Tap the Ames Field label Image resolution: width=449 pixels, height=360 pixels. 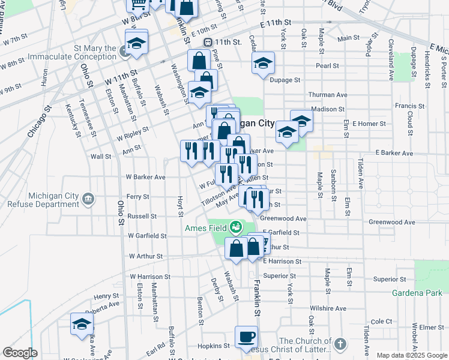tap(205, 227)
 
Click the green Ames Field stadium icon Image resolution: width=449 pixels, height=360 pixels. tap(237, 227)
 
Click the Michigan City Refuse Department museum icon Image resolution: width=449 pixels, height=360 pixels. tap(88, 199)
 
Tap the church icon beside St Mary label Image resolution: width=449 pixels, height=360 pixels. tap(125, 52)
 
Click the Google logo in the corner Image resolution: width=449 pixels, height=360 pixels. tap(20, 353)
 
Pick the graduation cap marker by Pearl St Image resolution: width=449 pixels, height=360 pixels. tap(263, 63)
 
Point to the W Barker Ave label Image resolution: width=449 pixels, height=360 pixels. tap(145, 177)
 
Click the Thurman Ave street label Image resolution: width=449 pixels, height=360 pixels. tap(328, 95)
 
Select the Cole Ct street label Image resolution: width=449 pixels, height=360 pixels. tap(381, 322)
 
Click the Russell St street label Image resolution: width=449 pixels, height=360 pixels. tap(142, 216)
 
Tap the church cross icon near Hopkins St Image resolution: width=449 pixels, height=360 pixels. tap(340, 344)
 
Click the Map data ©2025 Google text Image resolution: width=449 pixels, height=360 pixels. tap(412, 355)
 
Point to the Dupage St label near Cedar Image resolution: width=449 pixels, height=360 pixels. tap(285, 79)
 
